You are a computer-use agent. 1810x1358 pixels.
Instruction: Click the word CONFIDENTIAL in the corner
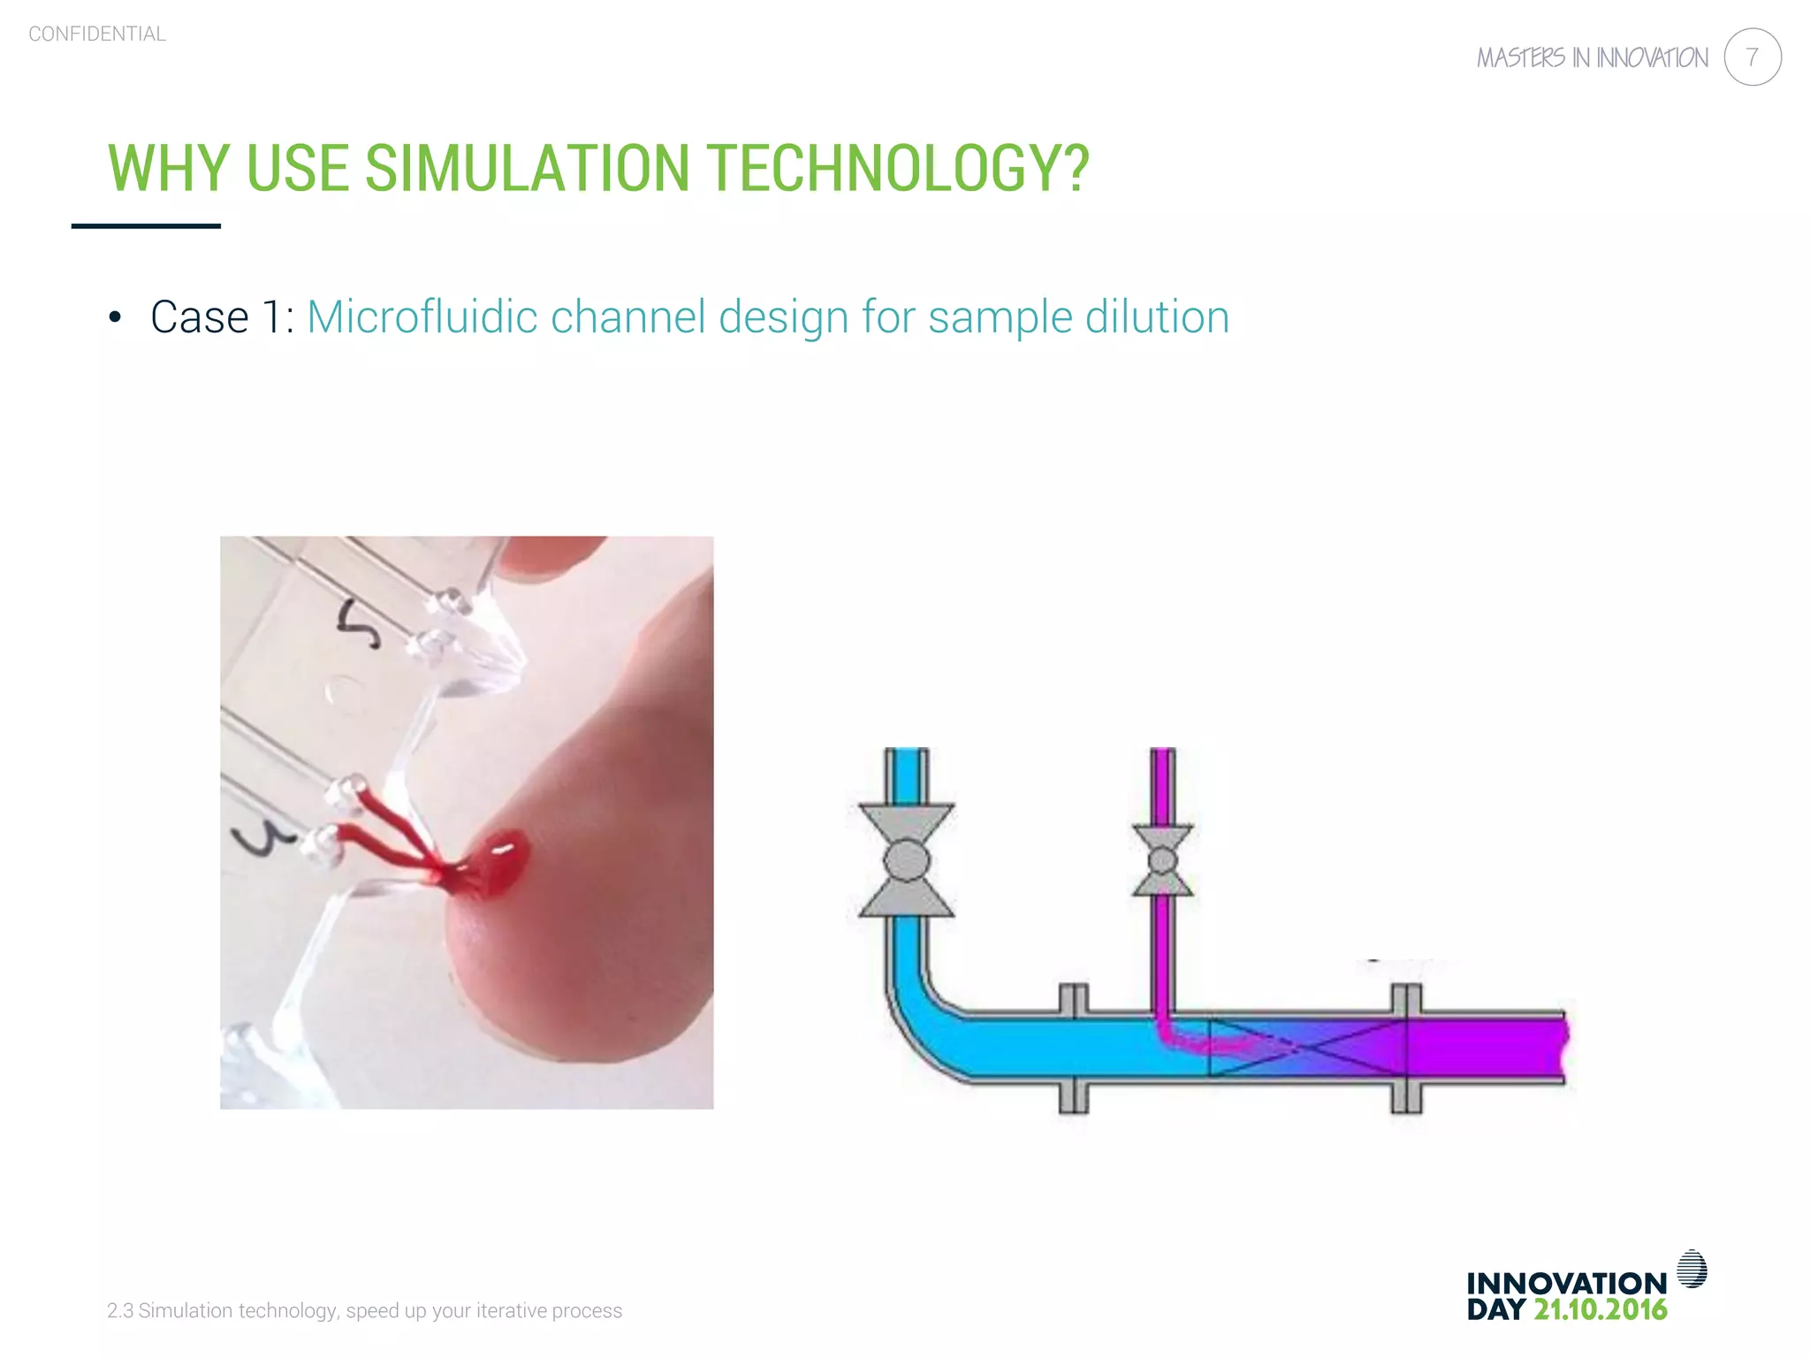[x=97, y=34]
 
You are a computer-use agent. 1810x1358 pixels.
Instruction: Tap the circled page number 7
[x=1752, y=57]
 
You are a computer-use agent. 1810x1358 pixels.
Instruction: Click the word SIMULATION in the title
[x=527, y=168]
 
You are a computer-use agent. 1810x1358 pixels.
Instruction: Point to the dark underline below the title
[x=146, y=226]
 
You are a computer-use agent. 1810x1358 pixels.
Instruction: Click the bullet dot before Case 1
[x=114, y=318]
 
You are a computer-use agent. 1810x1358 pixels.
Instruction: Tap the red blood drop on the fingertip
[x=500, y=859]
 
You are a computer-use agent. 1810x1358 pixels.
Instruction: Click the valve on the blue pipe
[x=906, y=859]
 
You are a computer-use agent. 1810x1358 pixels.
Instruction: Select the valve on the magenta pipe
[x=1162, y=860]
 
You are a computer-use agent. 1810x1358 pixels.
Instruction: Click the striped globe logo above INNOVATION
[x=1692, y=1269]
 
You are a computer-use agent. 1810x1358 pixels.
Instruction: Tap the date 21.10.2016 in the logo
[x=1600, y=1310]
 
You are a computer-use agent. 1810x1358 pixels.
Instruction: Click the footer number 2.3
[x=119, y=1311]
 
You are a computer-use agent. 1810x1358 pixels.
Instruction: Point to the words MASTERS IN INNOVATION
[x=1592, y=58]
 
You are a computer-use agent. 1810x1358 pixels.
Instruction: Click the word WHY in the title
[x=169, y=168]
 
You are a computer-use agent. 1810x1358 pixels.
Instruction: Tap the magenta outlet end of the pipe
[x=1538, y=1045]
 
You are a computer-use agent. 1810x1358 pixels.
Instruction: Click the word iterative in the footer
[x=511, y=1311]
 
